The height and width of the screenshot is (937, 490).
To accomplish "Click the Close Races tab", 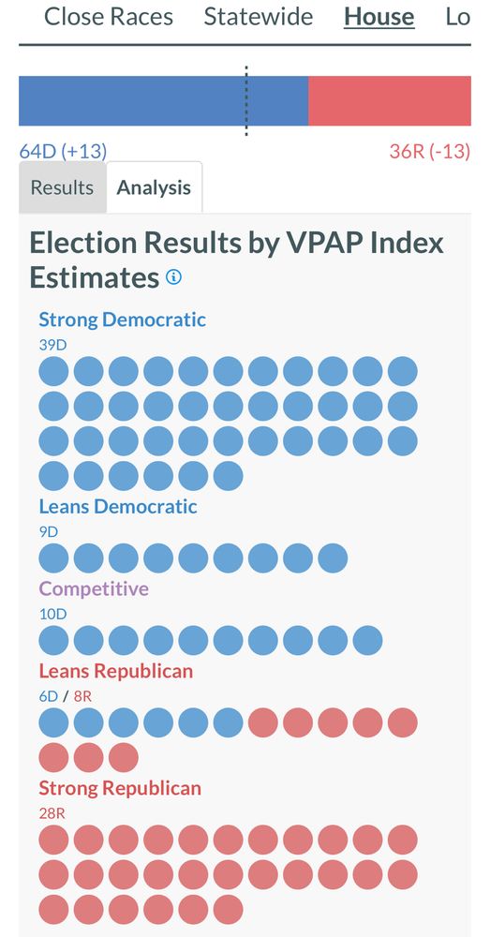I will tap(109, 17).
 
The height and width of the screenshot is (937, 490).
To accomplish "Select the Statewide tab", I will tap(259, 17).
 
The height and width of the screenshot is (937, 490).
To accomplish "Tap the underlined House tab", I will tap(379, 17).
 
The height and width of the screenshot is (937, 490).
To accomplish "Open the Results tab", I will tap(62, 187).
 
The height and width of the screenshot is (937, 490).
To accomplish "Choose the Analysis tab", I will tap(154, 187).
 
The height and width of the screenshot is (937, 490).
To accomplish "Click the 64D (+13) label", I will tap(63, 151).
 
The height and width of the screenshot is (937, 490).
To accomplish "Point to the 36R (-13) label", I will tap(429, 151).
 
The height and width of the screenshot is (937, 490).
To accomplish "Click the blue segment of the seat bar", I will tap(163, 101).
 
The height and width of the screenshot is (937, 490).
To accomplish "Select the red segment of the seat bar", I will tap(389, 101).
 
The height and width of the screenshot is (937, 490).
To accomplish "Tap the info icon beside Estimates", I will tap(173, 278).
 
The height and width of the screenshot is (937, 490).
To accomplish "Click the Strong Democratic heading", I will tap(122, 320).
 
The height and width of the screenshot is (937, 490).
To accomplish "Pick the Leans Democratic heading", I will tap(118, 507).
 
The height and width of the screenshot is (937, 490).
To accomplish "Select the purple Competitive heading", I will tap(94, 589).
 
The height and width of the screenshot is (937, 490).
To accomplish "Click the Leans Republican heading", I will tap(116, 671).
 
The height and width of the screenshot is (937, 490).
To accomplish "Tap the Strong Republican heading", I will tap(120, 788).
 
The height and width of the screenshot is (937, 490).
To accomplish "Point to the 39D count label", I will tap(52, 345).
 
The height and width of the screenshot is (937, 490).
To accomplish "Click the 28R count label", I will tap(52, 813).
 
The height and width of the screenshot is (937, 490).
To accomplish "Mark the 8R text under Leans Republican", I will tap(83, 696).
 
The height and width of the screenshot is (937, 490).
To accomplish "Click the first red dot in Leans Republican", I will tap(263, 722).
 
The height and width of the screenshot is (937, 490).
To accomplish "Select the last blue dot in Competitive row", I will tap(367, 641).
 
